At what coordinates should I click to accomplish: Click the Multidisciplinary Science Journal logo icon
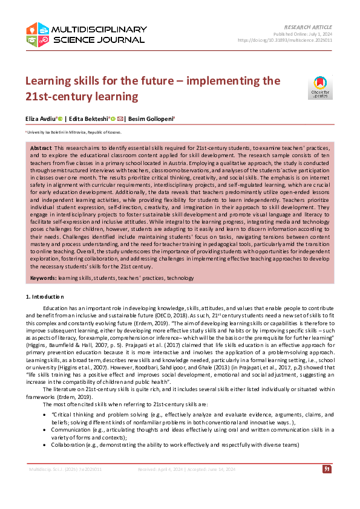pos(37,34)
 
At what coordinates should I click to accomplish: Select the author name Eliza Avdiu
pos(40,119)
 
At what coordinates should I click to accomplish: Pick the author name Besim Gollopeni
pos(151,119)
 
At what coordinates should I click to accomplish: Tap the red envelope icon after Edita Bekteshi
pos(121,119)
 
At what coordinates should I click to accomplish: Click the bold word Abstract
pos(41,148)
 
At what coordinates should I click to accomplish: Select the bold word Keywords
pos(43,277)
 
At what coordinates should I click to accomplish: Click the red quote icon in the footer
pos(327,468)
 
